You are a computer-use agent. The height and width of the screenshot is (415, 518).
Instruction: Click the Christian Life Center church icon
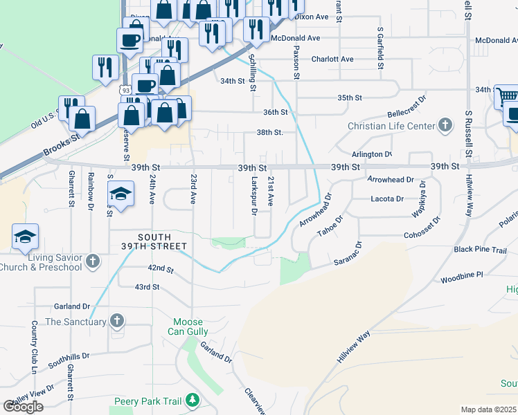point(445,126)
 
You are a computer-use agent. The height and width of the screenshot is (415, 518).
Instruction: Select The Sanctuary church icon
point(117,321)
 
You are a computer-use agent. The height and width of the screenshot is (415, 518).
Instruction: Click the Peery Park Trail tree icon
point(192,400)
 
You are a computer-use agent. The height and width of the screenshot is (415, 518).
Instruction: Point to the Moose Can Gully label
point(188,327)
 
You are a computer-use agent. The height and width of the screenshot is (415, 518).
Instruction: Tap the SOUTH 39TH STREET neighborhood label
point(153,241)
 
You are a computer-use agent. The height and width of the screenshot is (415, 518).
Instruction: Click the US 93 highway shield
point(125,91)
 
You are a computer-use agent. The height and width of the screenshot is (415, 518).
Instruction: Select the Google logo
point(23,407)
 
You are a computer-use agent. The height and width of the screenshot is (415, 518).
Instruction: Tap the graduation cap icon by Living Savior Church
point(24,237)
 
